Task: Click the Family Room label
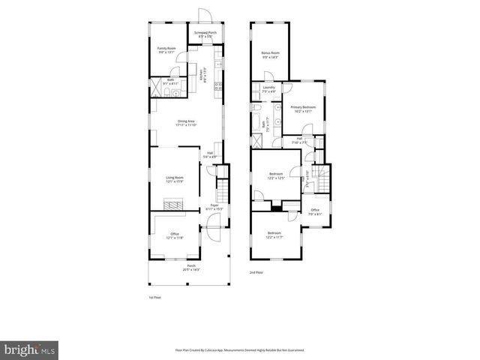click(166, 49)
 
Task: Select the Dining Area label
click(187, 123)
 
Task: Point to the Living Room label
click(175, 179)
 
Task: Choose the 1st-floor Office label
click(175, 235)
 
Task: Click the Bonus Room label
click(270, 55)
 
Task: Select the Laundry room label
click(269, 89)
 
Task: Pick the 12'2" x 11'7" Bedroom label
click(276, 235)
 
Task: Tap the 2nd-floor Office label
click(315, 211)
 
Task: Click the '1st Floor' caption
click(154, 297)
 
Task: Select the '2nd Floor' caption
click(257, 272)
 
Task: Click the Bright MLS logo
click(30, 349)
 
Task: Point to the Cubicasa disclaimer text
click(239, 350)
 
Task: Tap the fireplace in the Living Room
click(174, 204)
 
